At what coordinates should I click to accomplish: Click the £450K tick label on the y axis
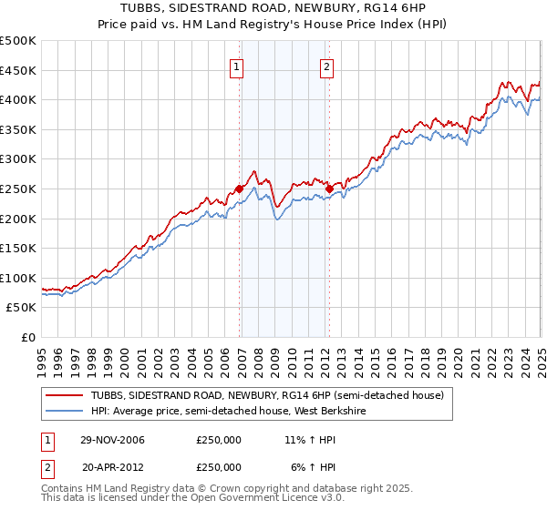tap(19, 70)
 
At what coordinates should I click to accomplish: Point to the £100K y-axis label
tap(19, 278)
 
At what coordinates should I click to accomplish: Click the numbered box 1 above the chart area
tap(236, 66)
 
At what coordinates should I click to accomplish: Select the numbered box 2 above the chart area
tap(325, 66)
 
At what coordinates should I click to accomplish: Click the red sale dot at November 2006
tap(240, 189)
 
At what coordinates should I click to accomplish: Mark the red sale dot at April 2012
tap(329, 189)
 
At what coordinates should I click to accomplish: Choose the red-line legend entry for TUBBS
tap(266, 395)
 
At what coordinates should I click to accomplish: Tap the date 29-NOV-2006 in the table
tap(113, 441)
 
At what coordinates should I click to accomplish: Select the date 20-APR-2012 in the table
tap(113, 466)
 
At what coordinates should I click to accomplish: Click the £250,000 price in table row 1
tap(219, 441)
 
